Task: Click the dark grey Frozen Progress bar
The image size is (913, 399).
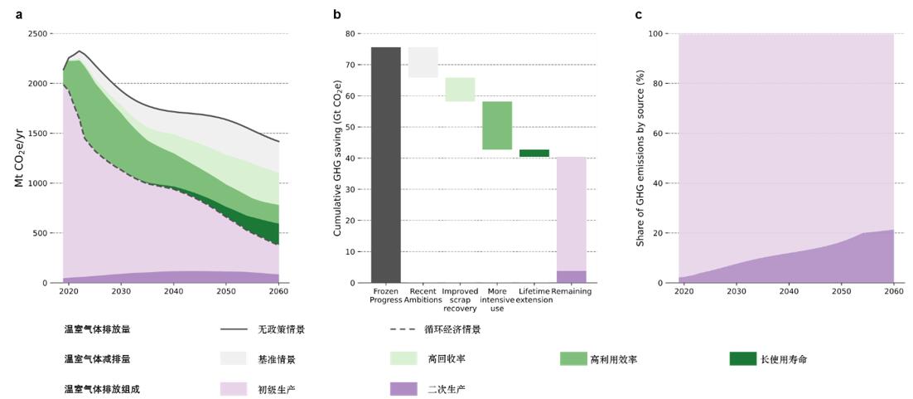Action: coord(385,165)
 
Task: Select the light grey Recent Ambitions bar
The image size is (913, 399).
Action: coord(423,62)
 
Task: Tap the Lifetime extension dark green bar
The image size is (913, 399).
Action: coord(534,153)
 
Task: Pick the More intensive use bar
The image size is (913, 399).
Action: coord(497,125)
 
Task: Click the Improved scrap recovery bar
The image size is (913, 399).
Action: coord(460,90)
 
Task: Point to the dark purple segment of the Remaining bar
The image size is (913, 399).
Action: coord(572,277)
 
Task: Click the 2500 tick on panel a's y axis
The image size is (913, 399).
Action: coord(38,34)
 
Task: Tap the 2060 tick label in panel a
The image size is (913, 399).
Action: coord(279,292)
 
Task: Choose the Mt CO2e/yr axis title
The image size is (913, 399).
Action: coord(19,158)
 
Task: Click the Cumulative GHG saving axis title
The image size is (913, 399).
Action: coord(338,158)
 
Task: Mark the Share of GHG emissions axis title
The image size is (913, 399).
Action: coord(640,158)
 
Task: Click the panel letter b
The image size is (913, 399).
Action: coord(337,14)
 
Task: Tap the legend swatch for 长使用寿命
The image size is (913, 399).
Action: coord(742,358)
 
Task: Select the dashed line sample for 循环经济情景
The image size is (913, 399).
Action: coord(403,329)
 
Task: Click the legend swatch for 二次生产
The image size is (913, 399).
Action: coord(403,388)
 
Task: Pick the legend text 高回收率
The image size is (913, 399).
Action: coord(443,359)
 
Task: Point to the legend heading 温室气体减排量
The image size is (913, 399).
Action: coord(97,359)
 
